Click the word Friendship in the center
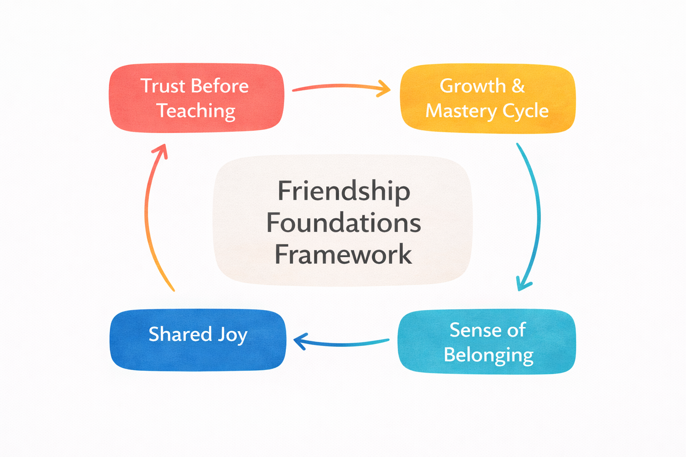click(343, 191)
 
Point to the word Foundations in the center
click(343, 223)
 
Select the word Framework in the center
click(343, 254)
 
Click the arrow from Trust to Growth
click(341, 87)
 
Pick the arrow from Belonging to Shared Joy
click(341, 343)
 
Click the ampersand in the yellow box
click(518, 86)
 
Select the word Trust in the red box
click(163, 86)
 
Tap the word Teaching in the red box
click(196, 111)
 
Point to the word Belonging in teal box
click(488, 355)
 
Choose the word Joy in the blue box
click(232, 335)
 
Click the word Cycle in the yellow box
click(525, 111)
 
